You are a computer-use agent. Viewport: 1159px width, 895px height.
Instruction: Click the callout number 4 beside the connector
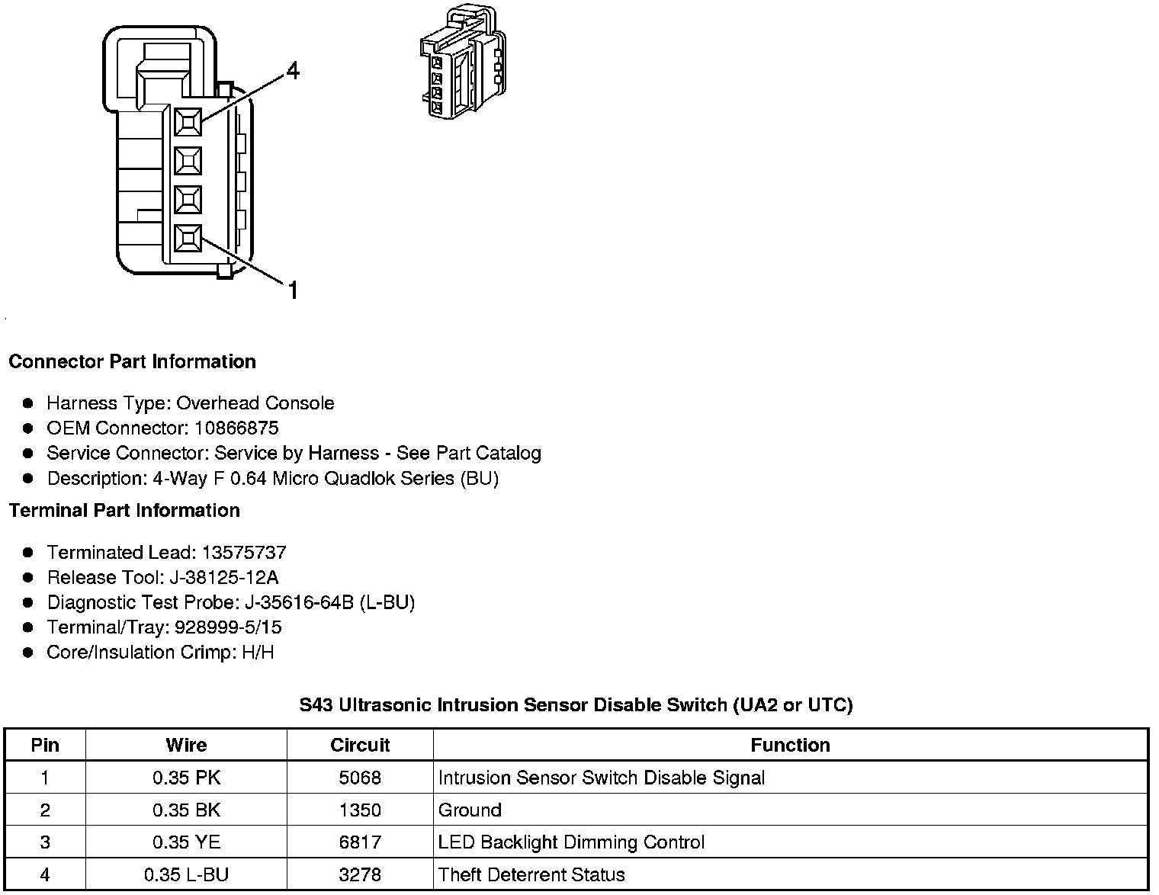(x=293, y=72)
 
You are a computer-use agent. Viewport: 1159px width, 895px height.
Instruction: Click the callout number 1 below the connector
(x=293, y=290)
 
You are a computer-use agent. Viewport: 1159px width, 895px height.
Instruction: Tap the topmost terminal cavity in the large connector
(x=188, y=121)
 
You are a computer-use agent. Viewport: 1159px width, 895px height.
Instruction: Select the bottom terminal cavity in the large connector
(x=188, y=239)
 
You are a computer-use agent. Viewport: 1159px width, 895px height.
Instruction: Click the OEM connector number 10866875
(x=236, y=428)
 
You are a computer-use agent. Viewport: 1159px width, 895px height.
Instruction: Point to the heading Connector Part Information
(x=132, y=361)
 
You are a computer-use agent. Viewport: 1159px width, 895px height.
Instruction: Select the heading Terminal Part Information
(x=124, y=510)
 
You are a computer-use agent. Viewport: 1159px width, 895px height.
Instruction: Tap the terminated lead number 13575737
(x=244, y=552)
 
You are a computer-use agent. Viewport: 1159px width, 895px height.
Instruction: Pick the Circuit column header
(x=360, y=745)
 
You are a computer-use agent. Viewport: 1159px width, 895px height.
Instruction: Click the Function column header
(x=790, y=745)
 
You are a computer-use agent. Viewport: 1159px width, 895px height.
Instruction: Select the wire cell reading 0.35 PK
(x=186, y=778)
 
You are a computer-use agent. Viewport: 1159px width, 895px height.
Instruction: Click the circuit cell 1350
(x=360, y=810)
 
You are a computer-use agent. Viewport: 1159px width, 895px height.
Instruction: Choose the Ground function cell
(x=470, y=810)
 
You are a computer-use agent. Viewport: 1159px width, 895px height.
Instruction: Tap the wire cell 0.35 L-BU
(x=186, y=874)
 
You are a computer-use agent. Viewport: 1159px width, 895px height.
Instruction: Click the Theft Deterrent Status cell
(x=531, y=874)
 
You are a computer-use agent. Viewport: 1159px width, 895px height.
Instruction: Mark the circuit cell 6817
(x=360, y=842)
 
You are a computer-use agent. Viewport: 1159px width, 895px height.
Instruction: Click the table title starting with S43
(x=576, y=705)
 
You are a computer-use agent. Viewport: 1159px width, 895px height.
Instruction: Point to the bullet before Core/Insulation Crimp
(x=28, y=653)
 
